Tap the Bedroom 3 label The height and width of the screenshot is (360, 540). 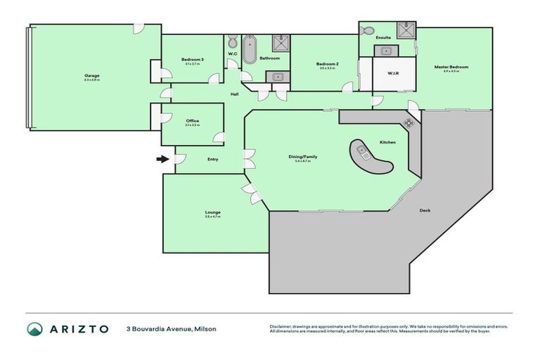(193, 60)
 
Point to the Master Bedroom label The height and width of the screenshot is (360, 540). (451, 67)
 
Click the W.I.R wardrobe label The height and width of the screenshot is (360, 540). (393, 72)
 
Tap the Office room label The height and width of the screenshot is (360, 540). (193, 121)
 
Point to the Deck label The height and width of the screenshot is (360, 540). (425, 210)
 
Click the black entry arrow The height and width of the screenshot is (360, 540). (162, 159)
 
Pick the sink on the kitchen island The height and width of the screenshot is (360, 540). (364, 150)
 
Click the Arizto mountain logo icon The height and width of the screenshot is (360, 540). (35, 329)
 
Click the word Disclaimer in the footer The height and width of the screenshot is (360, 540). (281, 327)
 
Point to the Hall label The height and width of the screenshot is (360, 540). (235, 94)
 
